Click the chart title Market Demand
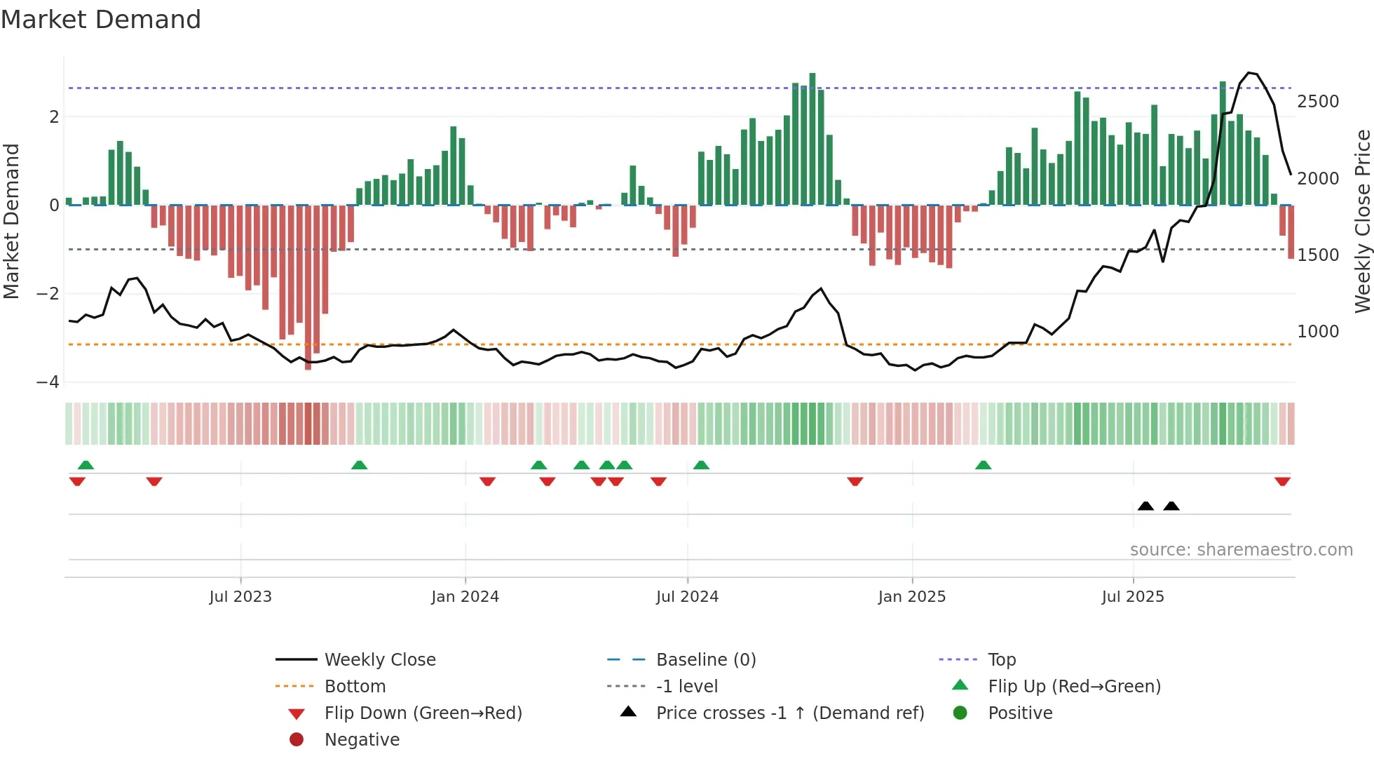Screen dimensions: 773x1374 click(101, 20)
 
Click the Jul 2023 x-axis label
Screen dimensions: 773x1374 click(240, 597)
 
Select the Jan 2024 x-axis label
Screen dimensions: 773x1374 click(465, 597)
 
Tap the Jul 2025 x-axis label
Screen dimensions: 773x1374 click(1133, 597)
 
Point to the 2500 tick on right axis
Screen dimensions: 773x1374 click(1318, 102)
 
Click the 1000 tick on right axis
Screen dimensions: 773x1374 click(1318, 332)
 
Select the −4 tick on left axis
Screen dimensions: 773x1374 click(48, 382)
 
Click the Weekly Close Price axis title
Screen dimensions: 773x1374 click(1362, 221)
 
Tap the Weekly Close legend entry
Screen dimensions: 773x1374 click(379, 660)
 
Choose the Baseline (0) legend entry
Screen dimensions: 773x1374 click(705, 660)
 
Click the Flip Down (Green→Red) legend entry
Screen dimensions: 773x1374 click(423, 713)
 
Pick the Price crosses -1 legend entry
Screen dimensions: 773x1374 click(789, 713)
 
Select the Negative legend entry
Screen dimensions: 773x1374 click(362, 740)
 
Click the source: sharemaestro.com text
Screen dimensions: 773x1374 click(1241, 550)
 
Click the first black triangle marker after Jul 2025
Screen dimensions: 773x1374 click(1145, 506)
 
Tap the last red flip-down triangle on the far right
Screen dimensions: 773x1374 click(1282, 481)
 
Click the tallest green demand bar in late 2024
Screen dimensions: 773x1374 click(812, 140)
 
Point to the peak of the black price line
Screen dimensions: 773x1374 click(1249, 73)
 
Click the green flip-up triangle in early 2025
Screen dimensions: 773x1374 click(984, 465)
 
